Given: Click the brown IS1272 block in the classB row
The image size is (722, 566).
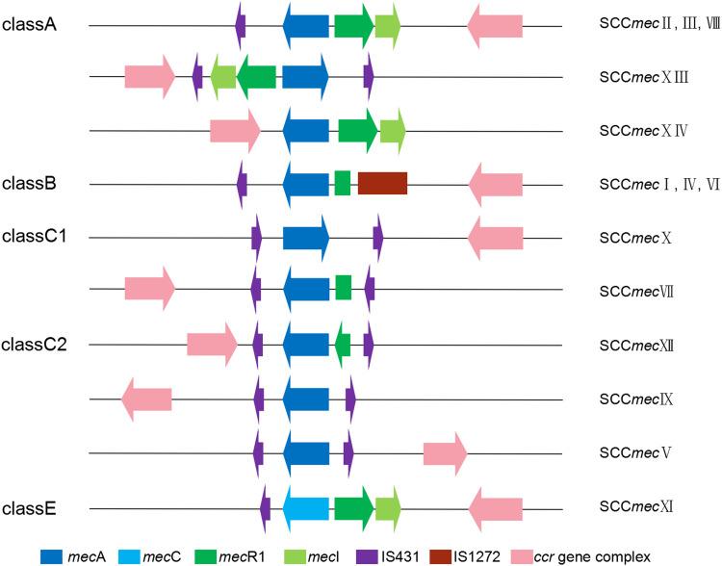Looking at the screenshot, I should click(382, 183).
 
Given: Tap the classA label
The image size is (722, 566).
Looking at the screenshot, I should click(30, 24).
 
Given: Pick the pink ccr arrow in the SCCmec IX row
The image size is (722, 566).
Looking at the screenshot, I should click(146, 399).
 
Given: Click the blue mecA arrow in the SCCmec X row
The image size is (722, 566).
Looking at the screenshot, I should click(306, 237).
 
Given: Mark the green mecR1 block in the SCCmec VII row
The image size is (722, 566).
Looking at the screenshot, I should click(343, 287).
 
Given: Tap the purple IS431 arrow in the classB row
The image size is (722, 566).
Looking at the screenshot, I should click(243, 183).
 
